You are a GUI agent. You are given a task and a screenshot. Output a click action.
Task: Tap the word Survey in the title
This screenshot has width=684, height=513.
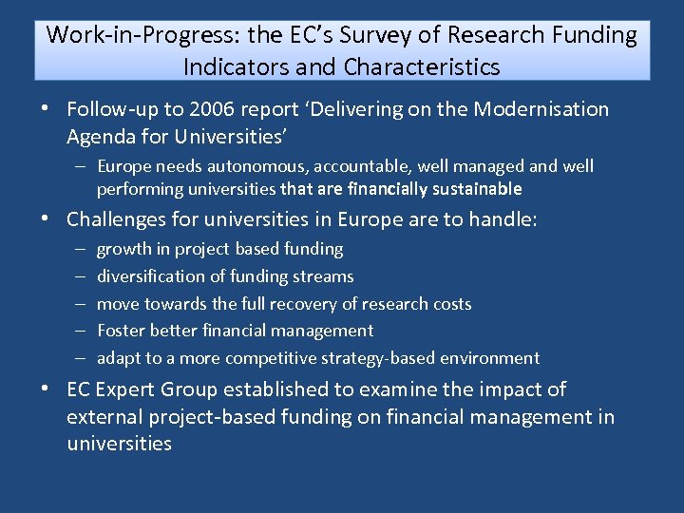(x=370, y=36)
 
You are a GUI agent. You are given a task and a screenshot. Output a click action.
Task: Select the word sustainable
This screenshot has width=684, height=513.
(x=472, y=189)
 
